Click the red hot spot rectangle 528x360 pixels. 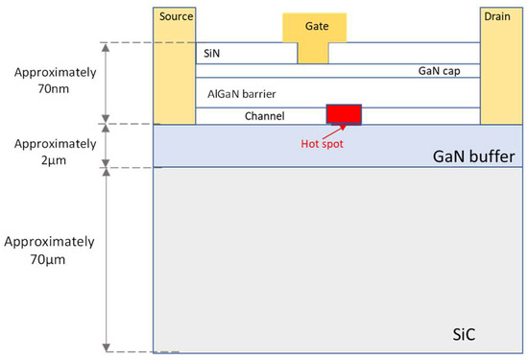(344, 114)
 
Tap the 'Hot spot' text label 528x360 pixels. (322, 144)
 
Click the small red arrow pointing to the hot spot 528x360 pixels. (334, 132)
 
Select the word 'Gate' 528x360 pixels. (317, 26)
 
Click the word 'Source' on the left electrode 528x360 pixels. (176, 16)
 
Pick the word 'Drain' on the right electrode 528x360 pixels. (497, 16)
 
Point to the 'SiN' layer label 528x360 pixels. (211, 53)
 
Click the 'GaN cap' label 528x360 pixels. (439, 71)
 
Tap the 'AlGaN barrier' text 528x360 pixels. (241, 94)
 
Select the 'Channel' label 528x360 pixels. (264, 116)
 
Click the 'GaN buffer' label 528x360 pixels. (474, 156)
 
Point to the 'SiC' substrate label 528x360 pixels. (464, 334)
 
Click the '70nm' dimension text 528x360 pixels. (53, 89)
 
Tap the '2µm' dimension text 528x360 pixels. (54, 160)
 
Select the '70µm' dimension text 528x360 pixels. (47, 259)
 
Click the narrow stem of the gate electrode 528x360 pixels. (313, 53)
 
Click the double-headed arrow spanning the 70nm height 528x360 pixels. (106, 83)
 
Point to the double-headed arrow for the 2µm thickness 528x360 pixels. (106, 146)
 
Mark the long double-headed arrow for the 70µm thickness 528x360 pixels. (106, 260)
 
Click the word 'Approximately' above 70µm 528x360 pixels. (49, 242)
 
